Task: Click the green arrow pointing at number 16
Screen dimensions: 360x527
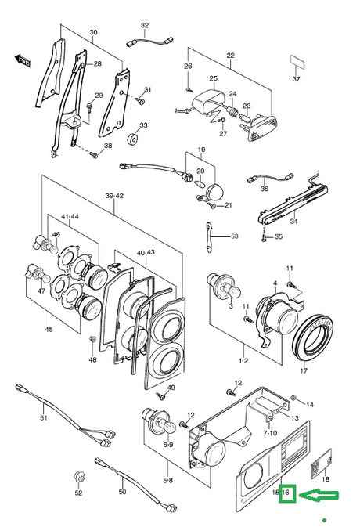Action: [x=319, y=495]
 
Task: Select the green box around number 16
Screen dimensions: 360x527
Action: [x=287, y=494]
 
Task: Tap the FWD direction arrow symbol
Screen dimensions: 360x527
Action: [x=23, y=60]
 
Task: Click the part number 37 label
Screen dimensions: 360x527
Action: [x=296, y=79]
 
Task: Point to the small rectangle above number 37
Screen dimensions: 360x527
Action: [x=297, y=62]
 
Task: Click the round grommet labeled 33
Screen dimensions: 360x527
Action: [x=134, y=139]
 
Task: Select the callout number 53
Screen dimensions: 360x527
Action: [x=235, y=236]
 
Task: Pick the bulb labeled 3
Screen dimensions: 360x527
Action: [x=221, y=286]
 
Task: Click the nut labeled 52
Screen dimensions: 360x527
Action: [x=79, y=477]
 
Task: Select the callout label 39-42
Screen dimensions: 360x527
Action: [x=114, y=196]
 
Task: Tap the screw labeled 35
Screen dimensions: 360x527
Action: [x=264, y=237]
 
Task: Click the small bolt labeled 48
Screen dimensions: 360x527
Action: [x=92, y=339]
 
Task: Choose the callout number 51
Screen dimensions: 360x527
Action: [x=44, y=418]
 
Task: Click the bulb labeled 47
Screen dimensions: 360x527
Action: [x=38, y=273]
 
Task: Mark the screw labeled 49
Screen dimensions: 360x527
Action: [x=161, y=396]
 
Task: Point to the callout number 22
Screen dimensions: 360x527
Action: [x=230, y=56]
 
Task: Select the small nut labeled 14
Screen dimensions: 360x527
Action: [x=293, y=399]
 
